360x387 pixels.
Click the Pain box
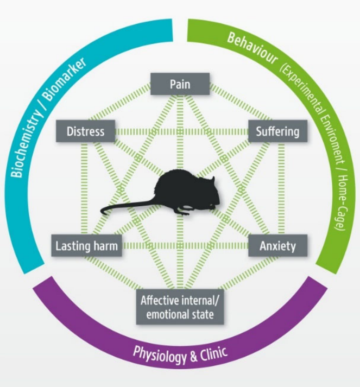click(x=180, y=84)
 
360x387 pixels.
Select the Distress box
click(x=85, y=131)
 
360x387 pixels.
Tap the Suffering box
click(x=277, y=131)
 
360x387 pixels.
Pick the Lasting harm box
click(x=86, y=246)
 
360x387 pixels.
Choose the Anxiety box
click(x=277, y=246)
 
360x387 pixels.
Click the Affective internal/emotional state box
click(x=180, y=307)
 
